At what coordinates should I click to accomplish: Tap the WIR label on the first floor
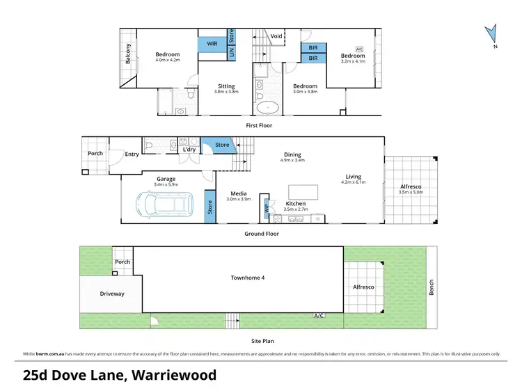[x=212, y=44]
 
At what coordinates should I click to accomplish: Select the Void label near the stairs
[x=276, y=36]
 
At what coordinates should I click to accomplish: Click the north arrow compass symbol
[x=492, y=33]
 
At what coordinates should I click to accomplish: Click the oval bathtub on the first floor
[x=269, y=108]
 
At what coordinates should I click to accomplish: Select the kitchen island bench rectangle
[x=303, y=191]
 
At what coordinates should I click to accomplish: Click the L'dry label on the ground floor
[x=189, y=150]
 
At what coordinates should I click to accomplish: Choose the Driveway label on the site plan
[x=111, y=294]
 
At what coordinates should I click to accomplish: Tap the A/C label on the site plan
[x=319, y=316]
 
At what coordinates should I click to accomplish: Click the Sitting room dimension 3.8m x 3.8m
[x=226, y=93]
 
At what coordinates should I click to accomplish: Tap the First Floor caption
[x=259, y=125]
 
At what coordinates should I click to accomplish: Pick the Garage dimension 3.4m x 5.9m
[x=166, y=184]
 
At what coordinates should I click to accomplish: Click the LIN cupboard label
[x=232, y=50]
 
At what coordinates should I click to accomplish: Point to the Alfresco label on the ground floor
[x=411, y=187]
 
